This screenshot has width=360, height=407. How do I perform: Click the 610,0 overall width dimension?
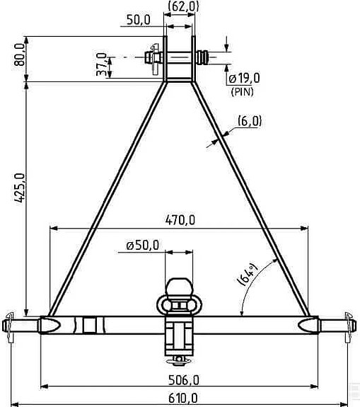[183, 398]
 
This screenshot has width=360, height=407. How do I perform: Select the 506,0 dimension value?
[184, 380]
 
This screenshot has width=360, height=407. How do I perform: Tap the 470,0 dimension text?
[180, 220]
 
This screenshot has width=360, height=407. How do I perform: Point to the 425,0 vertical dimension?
[20, 188]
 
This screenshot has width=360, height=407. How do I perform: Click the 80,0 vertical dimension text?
[20, 55]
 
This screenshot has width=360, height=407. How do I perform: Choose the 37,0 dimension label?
[101, 64]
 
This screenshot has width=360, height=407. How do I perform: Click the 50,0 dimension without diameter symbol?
[139, 20]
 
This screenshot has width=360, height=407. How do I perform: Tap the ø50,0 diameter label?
[143, 246]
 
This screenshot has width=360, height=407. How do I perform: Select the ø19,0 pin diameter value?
[244, 78]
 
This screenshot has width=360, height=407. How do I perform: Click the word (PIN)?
[243, 91]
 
